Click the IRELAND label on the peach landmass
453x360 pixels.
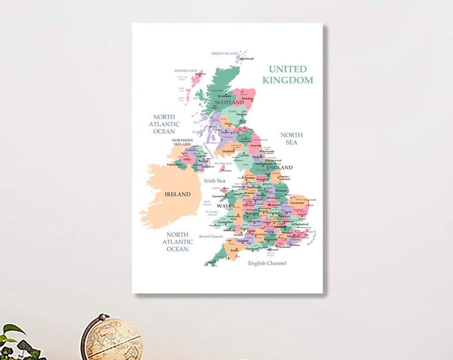(x=177, y=194)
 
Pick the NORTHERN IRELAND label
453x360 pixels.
(x=183, y=143)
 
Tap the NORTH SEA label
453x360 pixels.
(x=292, y=138)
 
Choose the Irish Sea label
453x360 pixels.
(x=215, y=181)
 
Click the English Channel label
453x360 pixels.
(x=267, y=263)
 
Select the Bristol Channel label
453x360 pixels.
(x=211, y=236)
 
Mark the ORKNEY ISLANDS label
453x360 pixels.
(x=224, y=53)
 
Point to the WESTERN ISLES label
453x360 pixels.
(x=186, y=70)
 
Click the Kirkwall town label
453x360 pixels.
(x=247, y=59)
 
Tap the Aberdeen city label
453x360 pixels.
(x=248, y=99)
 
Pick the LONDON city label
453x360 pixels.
(x=280, y=227)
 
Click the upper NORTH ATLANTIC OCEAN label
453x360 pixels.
(x=164, y=123)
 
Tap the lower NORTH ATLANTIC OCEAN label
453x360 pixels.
(x=177, y=241)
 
